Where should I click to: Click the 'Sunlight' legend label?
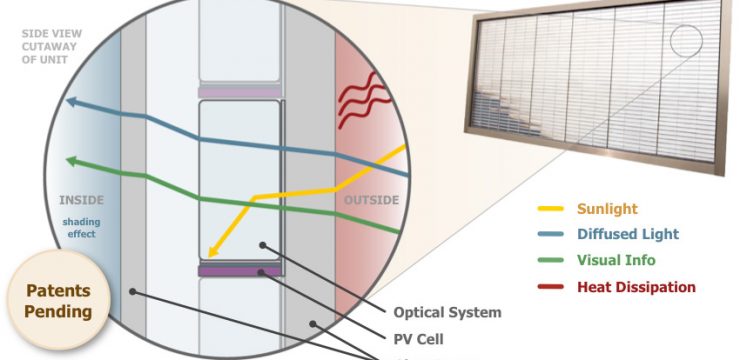tap(605, 209)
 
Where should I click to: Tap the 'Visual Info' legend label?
tap(615, 261)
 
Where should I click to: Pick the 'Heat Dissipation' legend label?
tap(635, 287)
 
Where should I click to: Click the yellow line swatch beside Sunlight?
tap(551, 210)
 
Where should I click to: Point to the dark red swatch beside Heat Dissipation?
tap(551, 287)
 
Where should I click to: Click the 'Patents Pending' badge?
tap(58, 301)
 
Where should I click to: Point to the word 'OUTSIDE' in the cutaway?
tap(371, 200)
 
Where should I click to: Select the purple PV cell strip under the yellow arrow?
tap(240, 270)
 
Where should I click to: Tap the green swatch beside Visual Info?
tap(551, 261)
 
